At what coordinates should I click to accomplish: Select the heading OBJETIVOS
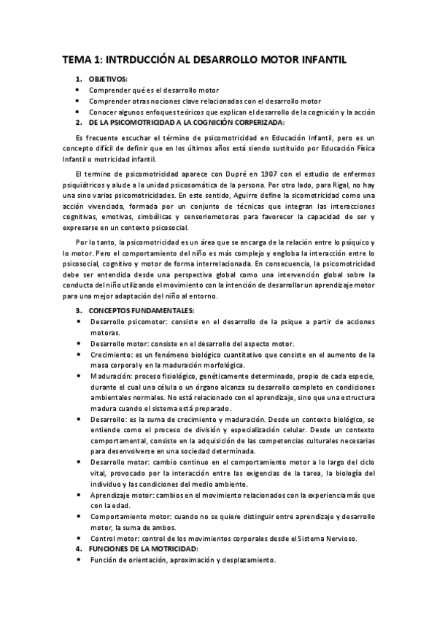tap(108, 79)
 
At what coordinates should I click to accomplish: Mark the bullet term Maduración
tap(111, 376)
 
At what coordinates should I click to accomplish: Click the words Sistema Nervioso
tap(330, 538)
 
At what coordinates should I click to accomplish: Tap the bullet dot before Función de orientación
tap(79, 559)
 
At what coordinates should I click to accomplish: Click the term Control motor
tap(114, 538)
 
